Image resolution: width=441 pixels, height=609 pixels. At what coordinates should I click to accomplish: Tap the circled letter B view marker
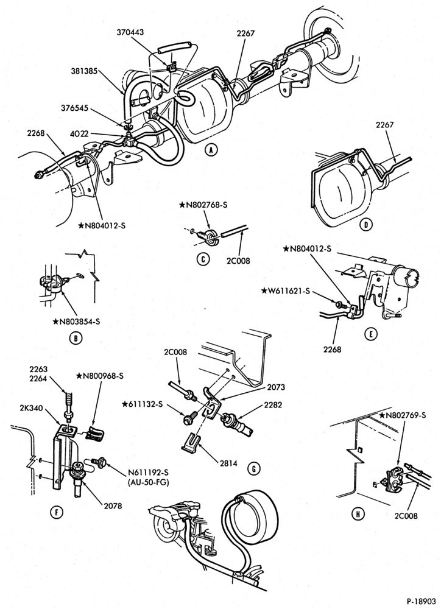(75, 338)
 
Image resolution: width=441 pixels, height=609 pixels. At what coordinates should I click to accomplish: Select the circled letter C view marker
(203, 259)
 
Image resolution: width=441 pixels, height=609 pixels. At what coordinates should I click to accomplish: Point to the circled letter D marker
(365, 224)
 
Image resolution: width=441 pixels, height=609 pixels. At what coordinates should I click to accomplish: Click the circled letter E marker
(371, 334)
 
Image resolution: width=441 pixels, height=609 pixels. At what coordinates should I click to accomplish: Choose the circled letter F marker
(57, 513)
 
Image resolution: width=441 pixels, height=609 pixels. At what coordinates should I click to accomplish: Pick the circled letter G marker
(254, 469)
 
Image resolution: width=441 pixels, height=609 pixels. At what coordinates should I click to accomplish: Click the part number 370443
(130, 32)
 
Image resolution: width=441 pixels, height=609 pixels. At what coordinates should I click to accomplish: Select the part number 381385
(84, 71)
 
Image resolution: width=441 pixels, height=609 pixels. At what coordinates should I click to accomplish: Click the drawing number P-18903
(421, 601)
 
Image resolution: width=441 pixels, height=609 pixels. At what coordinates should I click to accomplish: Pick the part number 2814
(230, 463)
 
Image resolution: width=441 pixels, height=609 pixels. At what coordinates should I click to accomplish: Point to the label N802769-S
(403, 415)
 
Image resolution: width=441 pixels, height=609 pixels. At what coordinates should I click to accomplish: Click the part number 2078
(113, 505)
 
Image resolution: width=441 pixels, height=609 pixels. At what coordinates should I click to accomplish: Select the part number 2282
(273, 405)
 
